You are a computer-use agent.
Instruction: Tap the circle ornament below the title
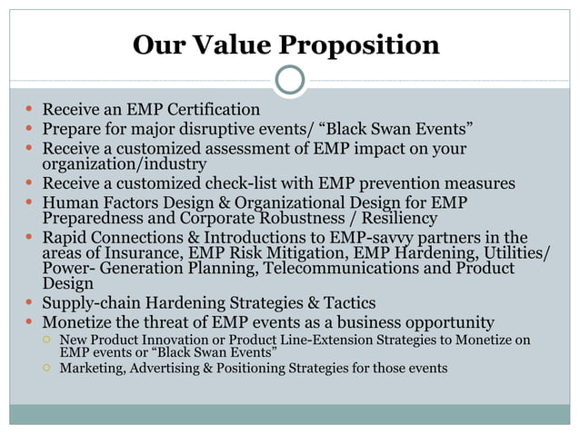[289, 80]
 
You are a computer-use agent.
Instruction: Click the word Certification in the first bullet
[208, 109]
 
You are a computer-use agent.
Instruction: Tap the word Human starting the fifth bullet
[70, 202]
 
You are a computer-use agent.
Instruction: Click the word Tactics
[345, 302]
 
